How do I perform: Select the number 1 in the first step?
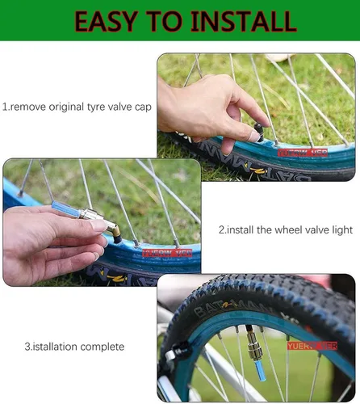tap(4, 106)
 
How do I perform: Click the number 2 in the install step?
tap(222, 230)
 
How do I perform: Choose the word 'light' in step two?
tap(342, 230)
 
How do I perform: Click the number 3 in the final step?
tap(27, 347)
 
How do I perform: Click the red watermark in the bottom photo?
tap(310, 345)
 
